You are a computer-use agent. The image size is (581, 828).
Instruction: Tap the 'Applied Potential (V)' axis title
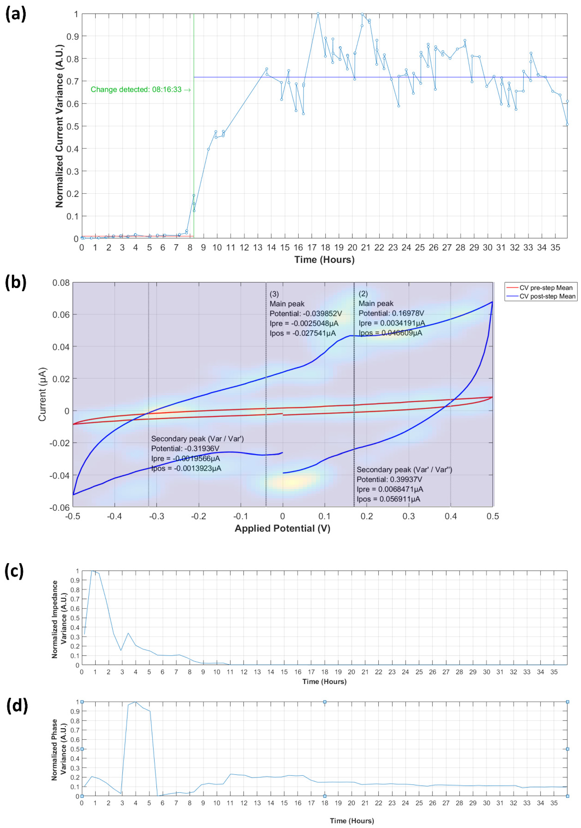coord(282,528)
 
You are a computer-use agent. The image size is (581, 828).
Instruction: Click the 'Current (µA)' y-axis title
coord(42,394)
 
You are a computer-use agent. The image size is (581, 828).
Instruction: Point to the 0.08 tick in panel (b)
coord(61,283)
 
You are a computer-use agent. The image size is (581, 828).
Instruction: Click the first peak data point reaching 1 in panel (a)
coord(318,14)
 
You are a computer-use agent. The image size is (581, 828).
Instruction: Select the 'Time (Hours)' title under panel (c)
coord(324,681)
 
